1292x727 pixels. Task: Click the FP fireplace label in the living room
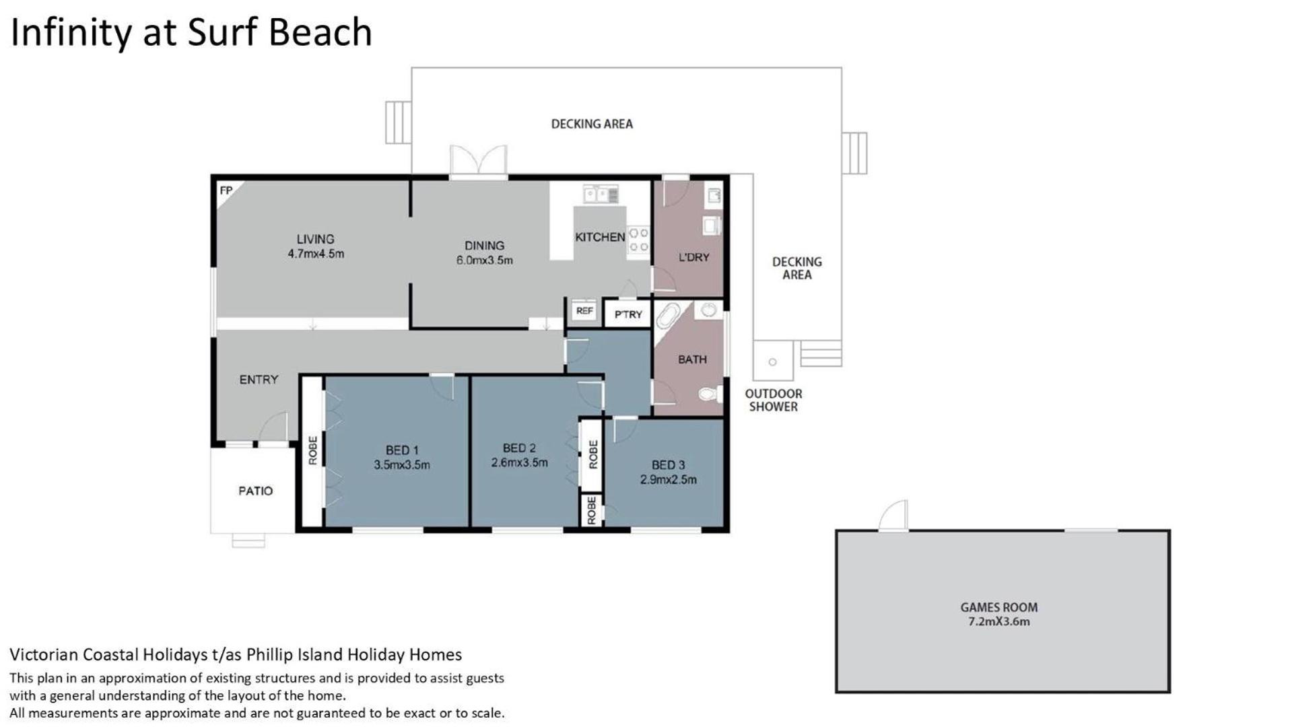pyautogui.click(x=226, y=191)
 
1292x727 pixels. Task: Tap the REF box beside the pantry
pyautogui.click(x=584, y=311)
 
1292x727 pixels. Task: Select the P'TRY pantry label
pyautogui.click(x=628, y=314)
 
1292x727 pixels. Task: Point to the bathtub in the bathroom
pyautogui.click(x=668, y=316)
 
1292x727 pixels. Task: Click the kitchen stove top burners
pyautogui.click(x=638, y=240)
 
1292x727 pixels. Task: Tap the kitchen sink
pyautogui.click(x=601, y=195)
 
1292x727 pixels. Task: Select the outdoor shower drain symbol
pyautogui.click(x=772, y=362)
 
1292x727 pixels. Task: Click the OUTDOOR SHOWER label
pyautogui.click(x=774, y=400)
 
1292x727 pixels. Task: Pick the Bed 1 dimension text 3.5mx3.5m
pyautogui.click(x=402, y=464)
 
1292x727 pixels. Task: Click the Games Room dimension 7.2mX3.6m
pyautogui.click(x=999, y=621)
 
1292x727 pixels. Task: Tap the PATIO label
pyautogui.click(x=256, y=491)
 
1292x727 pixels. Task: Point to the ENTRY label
pyautogui.click(x=259, y=380)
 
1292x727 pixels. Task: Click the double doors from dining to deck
pyautogui.click(x=478, y=162)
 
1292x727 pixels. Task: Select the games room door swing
pyautogui.click(x=893, y=516)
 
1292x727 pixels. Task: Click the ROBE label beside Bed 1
pyautogui.click(x=312, y=450)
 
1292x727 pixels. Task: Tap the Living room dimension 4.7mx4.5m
pyautogui.click(x=316, y=254)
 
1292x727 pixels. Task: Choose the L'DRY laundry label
pyautogui.click(x=693, y=257)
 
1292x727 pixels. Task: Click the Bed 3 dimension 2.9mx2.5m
pyautogui.click(x=668, y=479)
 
